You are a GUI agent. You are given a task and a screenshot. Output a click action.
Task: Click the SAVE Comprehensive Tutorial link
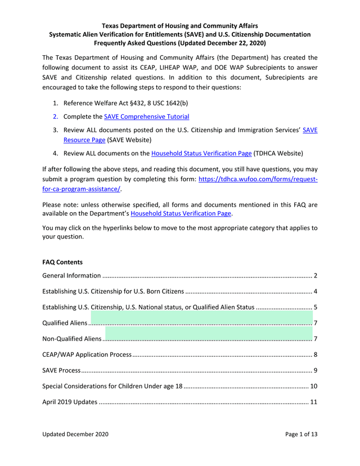point(146,116)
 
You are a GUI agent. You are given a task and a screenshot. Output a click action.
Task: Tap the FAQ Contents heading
point(62,262)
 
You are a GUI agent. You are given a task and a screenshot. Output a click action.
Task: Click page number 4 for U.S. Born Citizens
point(316,292)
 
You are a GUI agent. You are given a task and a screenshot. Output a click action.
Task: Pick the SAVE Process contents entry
point(62,370)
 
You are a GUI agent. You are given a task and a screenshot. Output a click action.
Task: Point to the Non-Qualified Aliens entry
point(72,339)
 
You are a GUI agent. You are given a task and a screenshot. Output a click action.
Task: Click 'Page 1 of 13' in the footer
point(301,434)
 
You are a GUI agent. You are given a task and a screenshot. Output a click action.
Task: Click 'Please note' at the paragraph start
point(61,204)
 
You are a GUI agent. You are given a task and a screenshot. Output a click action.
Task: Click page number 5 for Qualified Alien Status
point(316,307)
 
